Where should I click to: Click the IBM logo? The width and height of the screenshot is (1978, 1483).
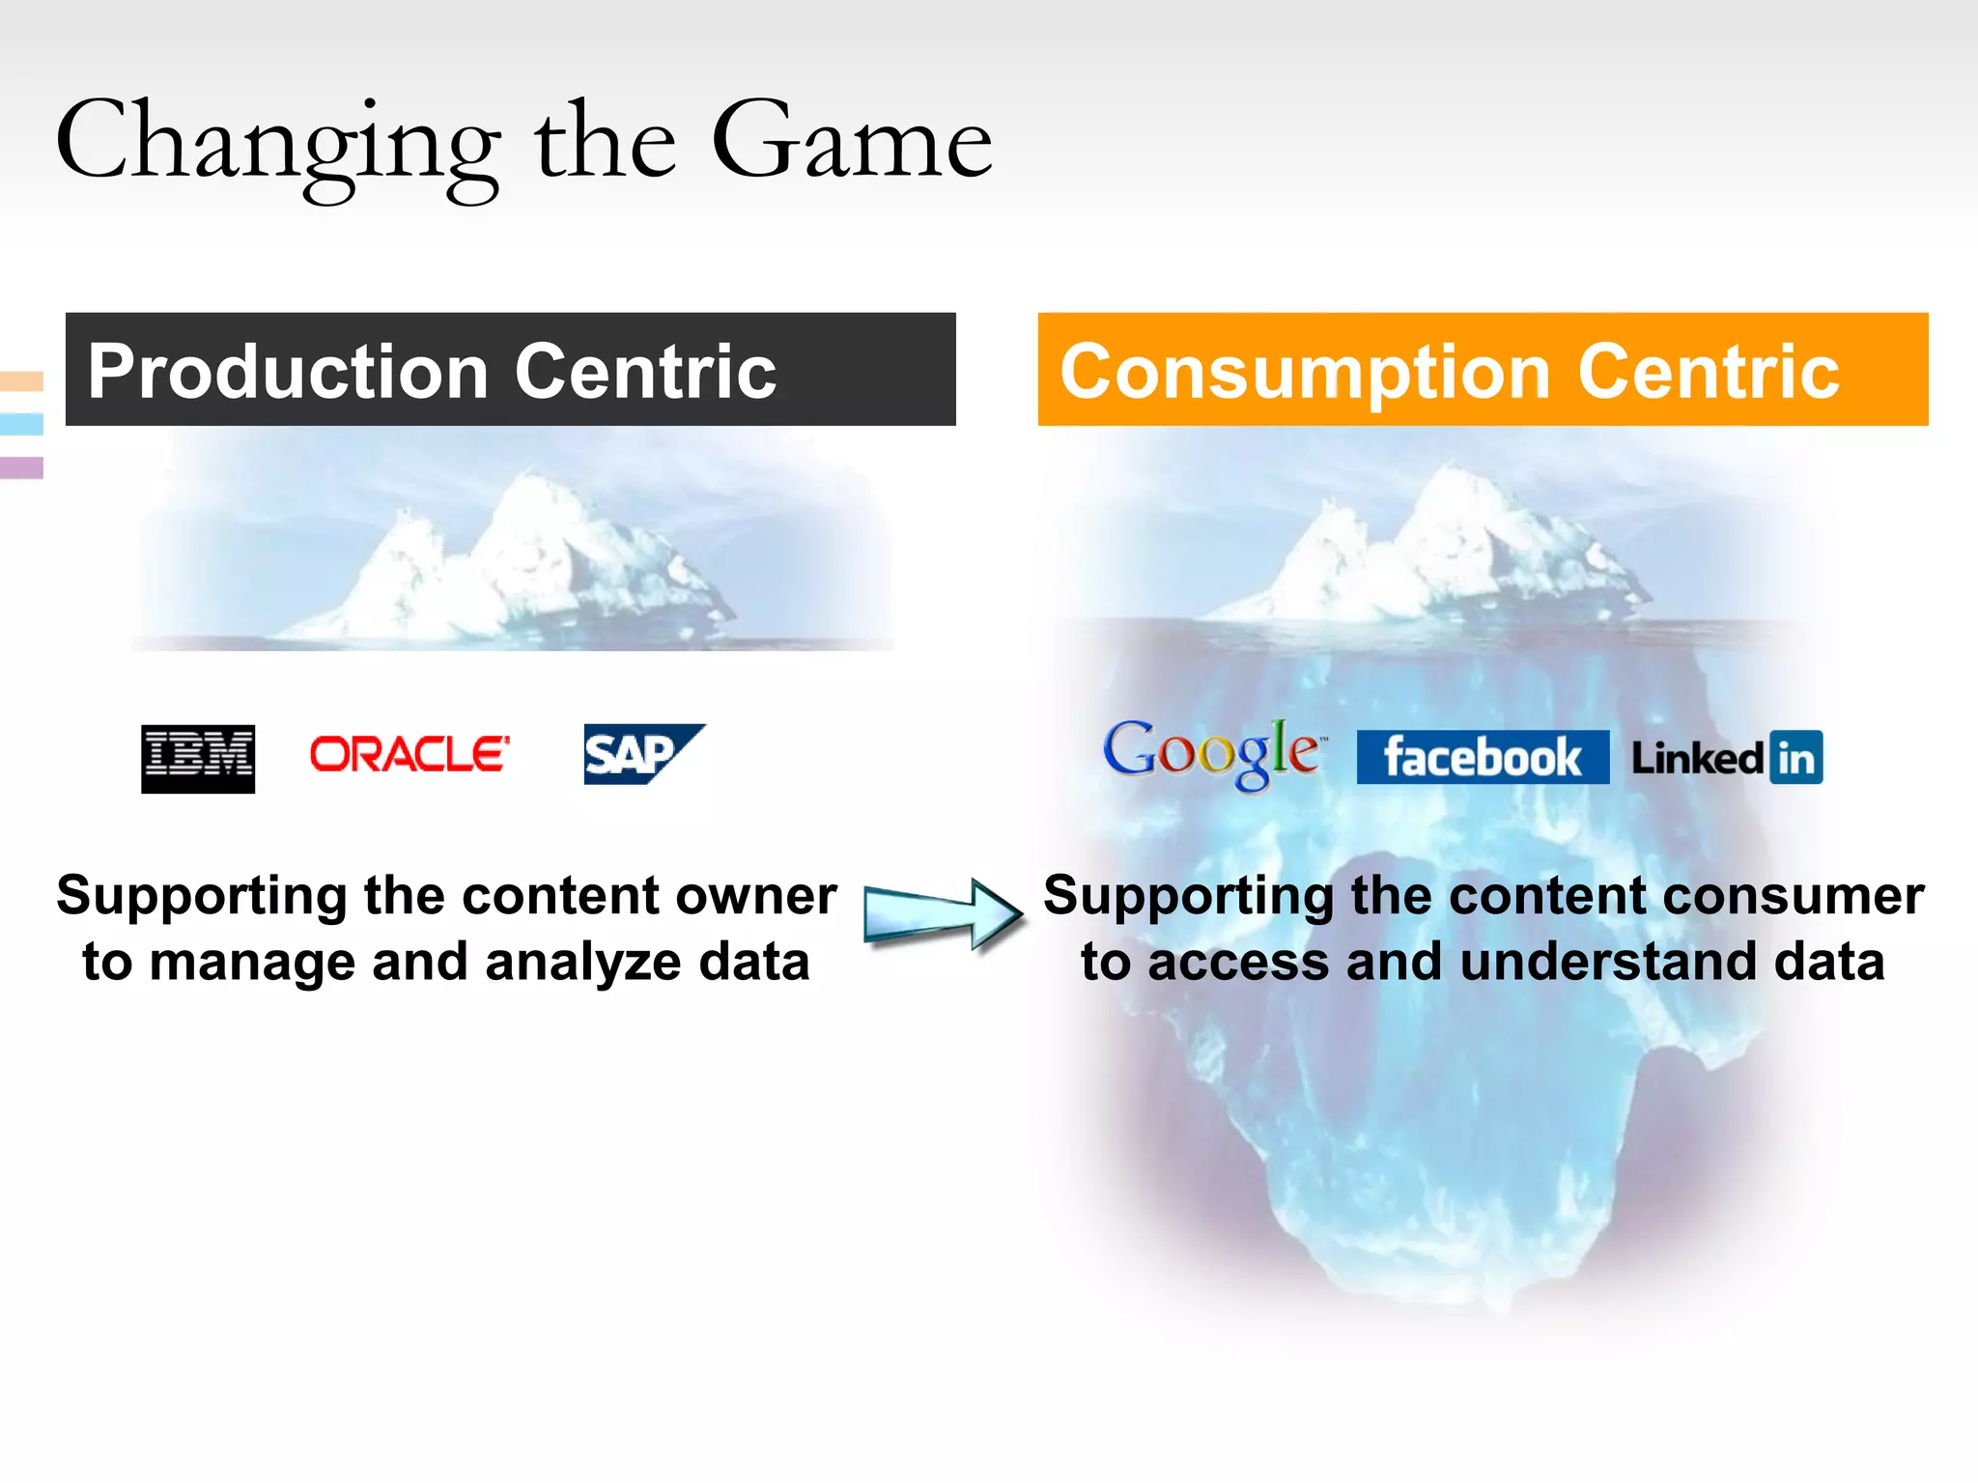click(x=198, y=759)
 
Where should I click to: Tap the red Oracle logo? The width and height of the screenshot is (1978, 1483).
click(x=410, y=754)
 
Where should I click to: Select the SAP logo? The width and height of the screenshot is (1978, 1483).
click(x=641, y=754)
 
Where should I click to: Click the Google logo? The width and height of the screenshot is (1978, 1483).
click(x=1212, y=754)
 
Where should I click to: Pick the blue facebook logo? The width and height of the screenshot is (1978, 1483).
click(x=1482, y=757)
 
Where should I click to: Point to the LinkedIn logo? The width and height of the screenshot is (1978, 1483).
click(x=1727, y=758)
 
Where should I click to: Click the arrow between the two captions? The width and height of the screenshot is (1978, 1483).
click(x=943, y=913)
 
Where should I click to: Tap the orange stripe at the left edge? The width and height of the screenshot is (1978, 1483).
click(x=21, y=381)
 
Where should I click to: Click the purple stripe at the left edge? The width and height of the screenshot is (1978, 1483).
click(x=21, y=467)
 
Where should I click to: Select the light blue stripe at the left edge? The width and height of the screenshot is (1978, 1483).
click(x=21, y=424)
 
